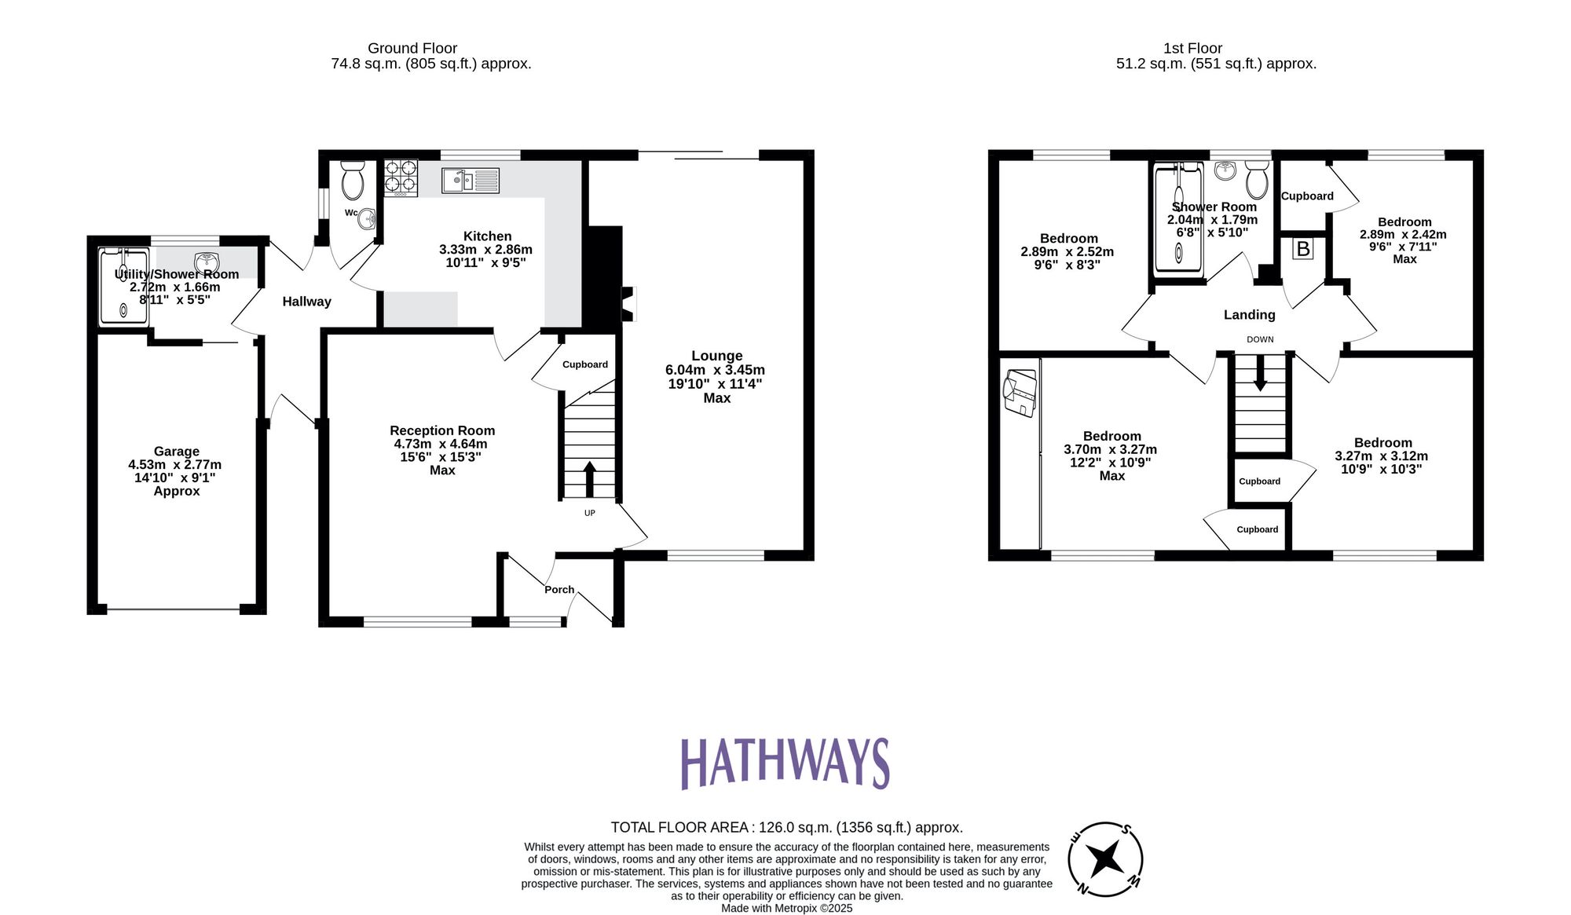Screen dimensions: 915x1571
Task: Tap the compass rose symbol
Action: [x=1105, y=858]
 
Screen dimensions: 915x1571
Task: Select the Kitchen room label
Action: [x=487, y=236]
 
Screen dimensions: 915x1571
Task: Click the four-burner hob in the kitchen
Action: [x=401, y=177]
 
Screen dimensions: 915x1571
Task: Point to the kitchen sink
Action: [x=470, y=181]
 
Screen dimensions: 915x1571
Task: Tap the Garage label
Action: [x=176, y=452]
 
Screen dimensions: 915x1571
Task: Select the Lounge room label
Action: [x=716, y=356]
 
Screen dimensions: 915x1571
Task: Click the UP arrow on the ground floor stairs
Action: [x=589, y=478]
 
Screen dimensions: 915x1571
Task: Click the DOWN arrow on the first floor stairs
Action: [x=1260, y=374]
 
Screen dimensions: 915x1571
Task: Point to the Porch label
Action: [x=559, y=590]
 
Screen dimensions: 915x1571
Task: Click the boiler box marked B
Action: [x=1303, y=249]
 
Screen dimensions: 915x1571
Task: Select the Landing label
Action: [x=1249, y=315]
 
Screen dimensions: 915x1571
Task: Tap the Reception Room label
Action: [x=442, y=430]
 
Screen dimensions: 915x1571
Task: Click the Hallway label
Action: [x=306, y=302]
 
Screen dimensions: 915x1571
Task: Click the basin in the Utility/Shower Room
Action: [x=206, y=262]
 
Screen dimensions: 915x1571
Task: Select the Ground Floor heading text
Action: [x=412, y=49]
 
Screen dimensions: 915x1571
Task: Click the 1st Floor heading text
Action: [x=1192, y=49]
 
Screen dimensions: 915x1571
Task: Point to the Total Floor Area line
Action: [x=786, y=827]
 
